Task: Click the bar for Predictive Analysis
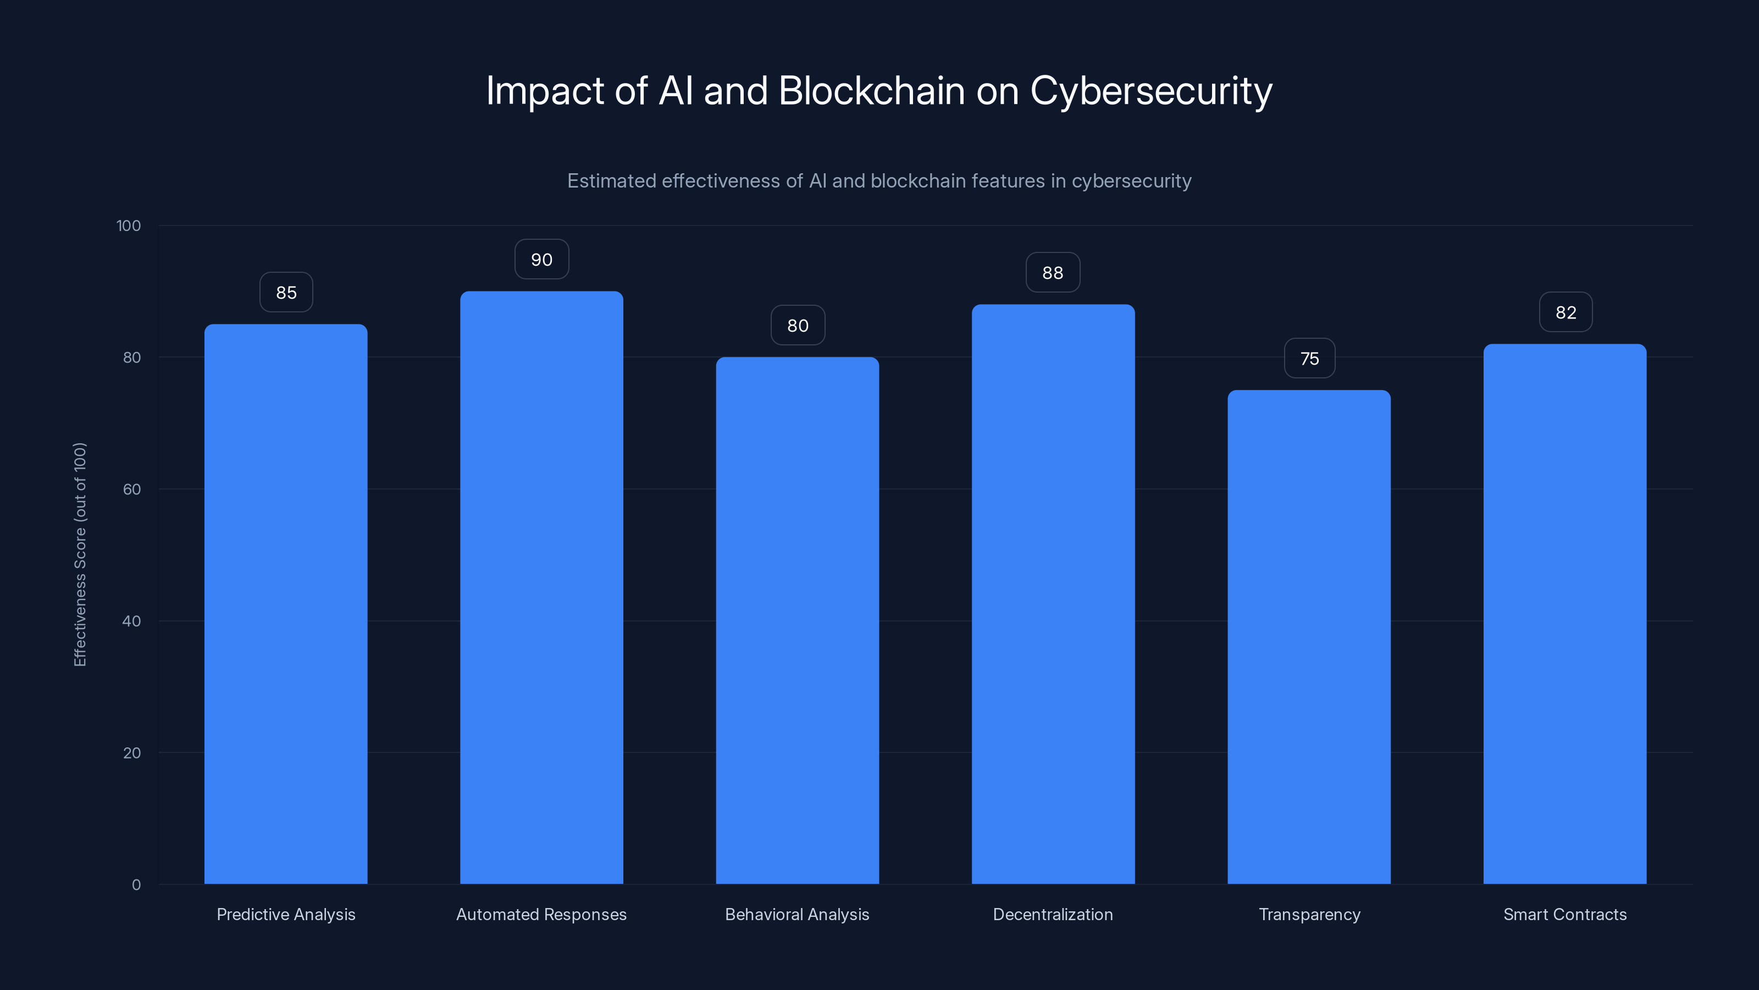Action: (x=285, y=604)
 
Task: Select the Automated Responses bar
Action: (x=541, y=587)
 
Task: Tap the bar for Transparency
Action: (x=1309, y=637)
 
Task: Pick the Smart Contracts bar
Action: (x=1564, y=614)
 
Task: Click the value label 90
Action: (x=541, y=260)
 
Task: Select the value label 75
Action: (x=1309, y=359)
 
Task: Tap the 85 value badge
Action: (x=286, y=293)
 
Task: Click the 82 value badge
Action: (x=1565, y=312)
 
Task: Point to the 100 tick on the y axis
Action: (x=129, y=226)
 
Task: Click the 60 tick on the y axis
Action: (x=132, y=489)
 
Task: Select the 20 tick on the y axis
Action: (x=132, y=753)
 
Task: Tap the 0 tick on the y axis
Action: (x=136, y=885)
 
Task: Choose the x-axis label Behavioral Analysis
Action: (x=797, y=914)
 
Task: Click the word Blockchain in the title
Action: (x=871, y=91)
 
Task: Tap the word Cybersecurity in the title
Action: (x=1150, y=91)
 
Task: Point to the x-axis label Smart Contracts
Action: (x=1564, y=914)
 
